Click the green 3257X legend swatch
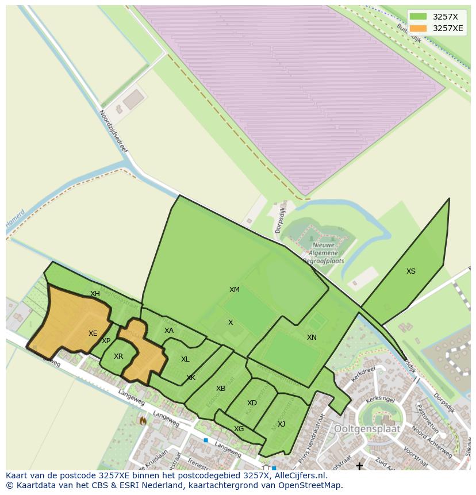(x=418, y=17)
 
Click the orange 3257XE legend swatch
(x=418, y=28)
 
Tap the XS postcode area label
(x=410, y=271)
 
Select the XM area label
(x=235, y=290)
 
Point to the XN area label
(x=312, y=337)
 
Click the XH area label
(x=95, y=294)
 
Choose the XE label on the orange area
(x=93, y=333)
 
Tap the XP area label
(x=106, y=341)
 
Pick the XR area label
(x=118, y=356)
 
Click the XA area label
(x=168, y=331)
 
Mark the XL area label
(x=185, y=359)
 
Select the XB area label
(x=221, y=389)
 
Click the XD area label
(x=252, y=403)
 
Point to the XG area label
(x=239, y=429)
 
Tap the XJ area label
(x=281, y=424)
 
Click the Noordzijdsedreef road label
(x=113, y=131)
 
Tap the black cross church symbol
(x=359, y=466)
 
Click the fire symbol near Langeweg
(x=143, y=421)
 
